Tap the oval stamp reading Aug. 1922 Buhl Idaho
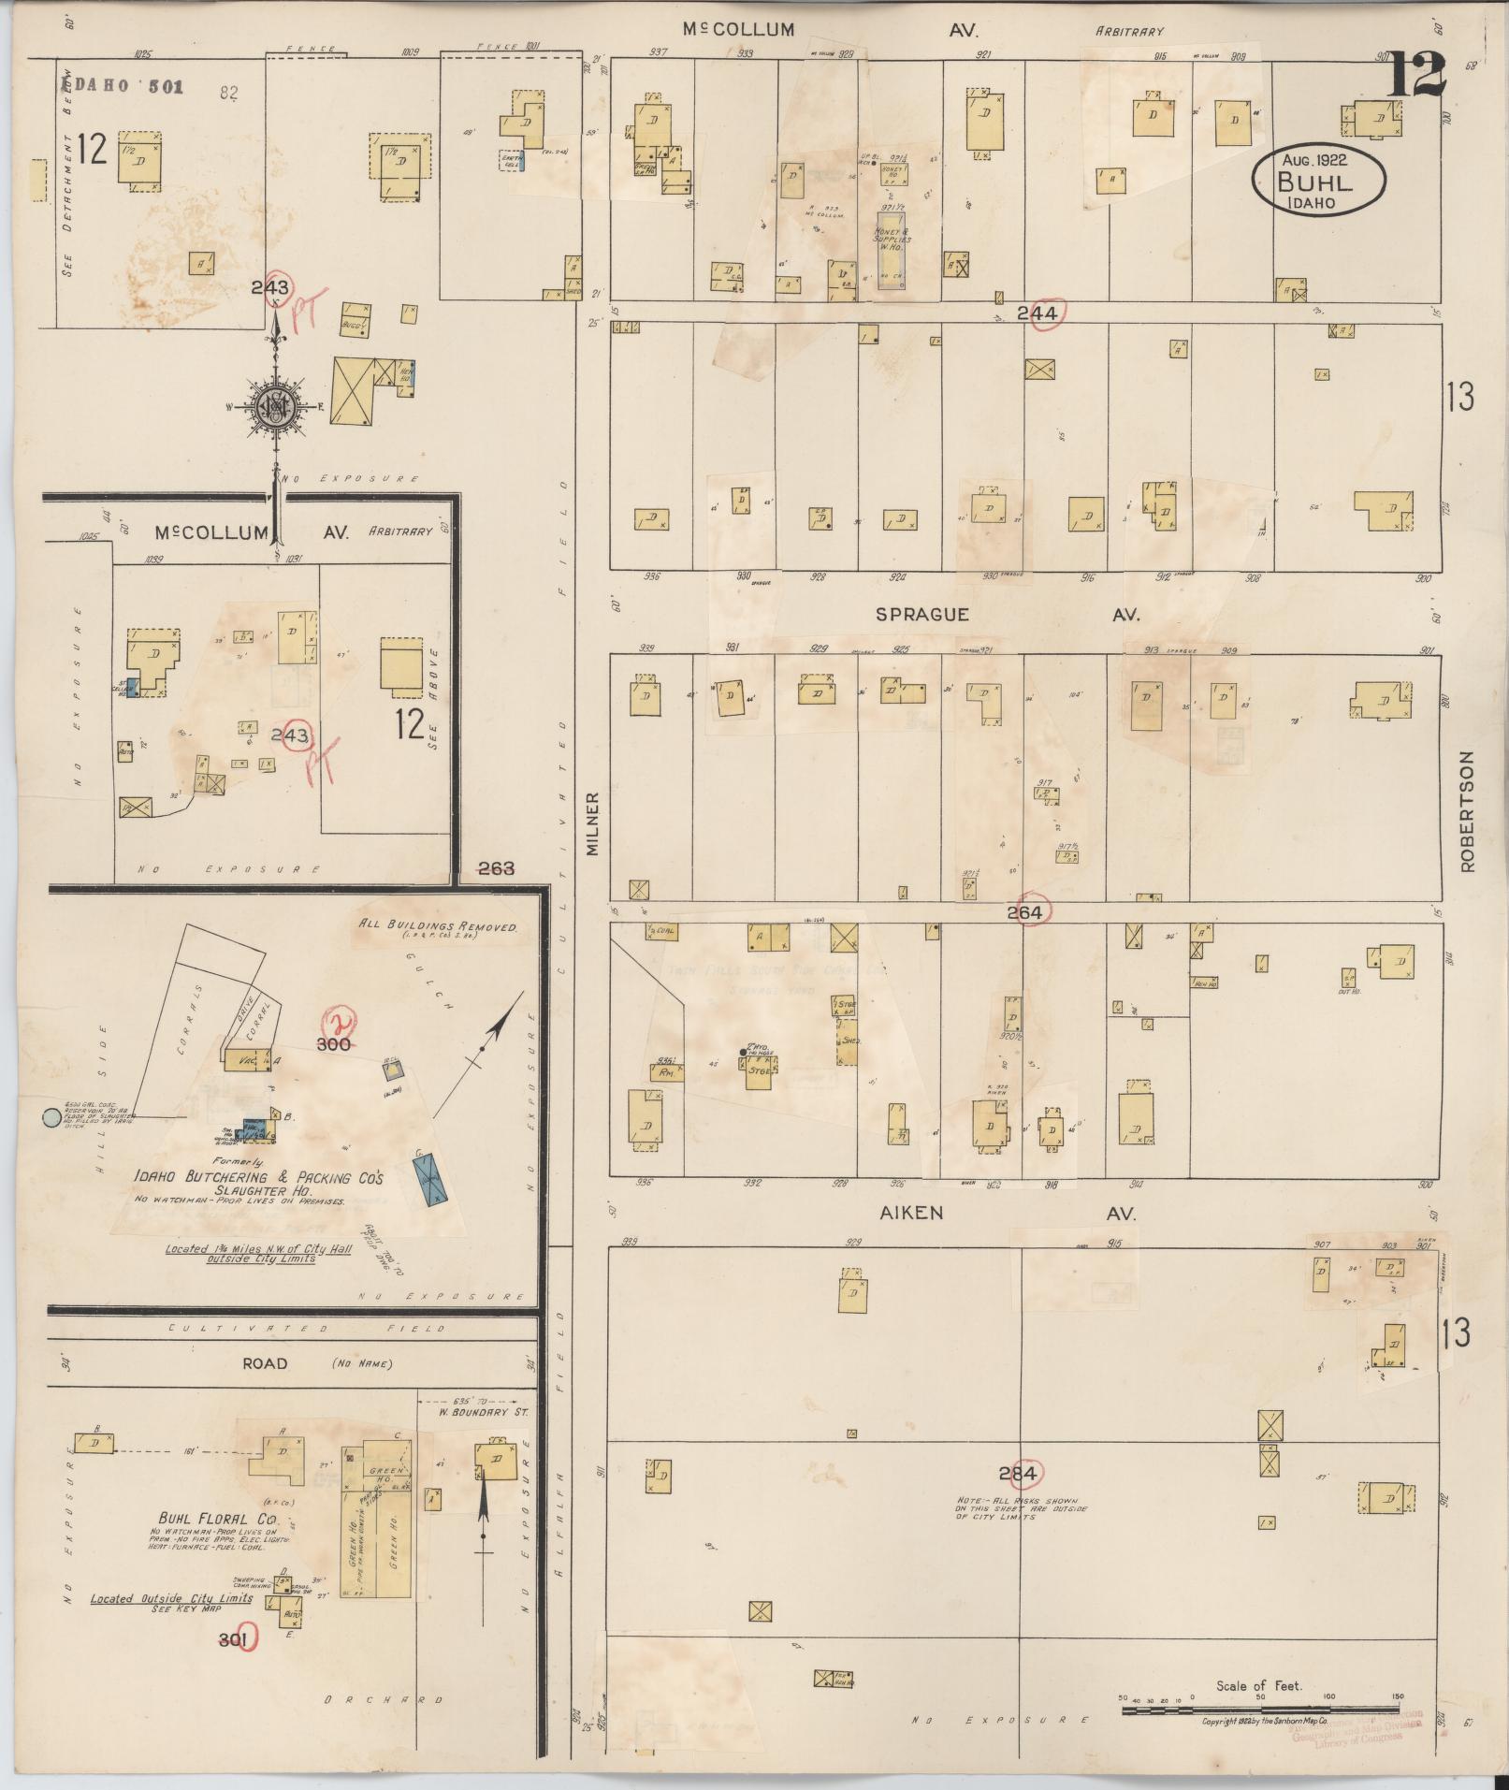pyautogui.click(x=1318, y=180)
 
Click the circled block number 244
pyautogui.click(x=1037, y=313)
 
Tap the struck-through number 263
pyautogui.click(x=496, y=868)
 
